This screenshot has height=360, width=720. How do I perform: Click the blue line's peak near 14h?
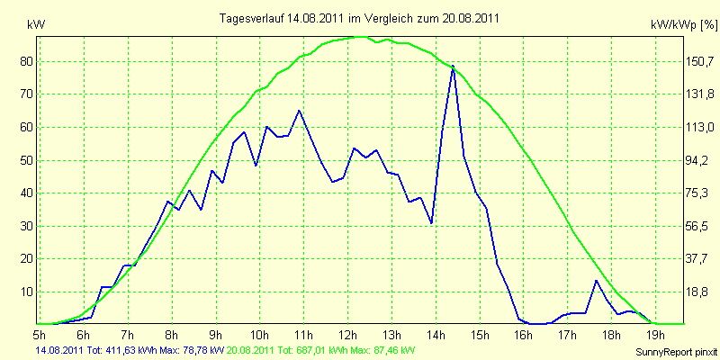click(x=453, y=66)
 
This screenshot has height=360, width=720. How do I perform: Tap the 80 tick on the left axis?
click(x=23, y=61)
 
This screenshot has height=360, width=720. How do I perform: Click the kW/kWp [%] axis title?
click(x=684, y=25)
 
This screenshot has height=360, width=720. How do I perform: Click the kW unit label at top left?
click(x=36, y=25)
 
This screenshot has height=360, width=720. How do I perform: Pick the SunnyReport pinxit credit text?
click(x=677, y=353)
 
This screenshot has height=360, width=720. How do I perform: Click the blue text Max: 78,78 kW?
click(x=193, y=351)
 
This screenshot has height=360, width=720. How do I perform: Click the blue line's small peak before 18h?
click(x=596, y=281)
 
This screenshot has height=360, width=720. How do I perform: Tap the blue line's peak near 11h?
click(x=299, y=110)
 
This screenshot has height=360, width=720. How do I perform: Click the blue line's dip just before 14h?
click(x=431, y=223)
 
